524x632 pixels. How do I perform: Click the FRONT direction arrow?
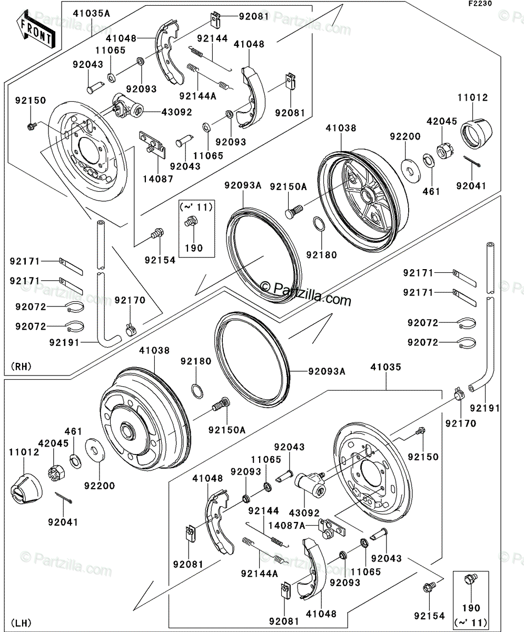tap(36, 29)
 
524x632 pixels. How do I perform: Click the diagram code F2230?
tap(480, 4)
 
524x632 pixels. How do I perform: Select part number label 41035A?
tap(92, 14)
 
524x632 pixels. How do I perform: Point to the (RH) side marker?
tap(21, 367)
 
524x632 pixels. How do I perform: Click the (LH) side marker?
tap(21, 623)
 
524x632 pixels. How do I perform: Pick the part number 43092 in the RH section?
tap(177, 112)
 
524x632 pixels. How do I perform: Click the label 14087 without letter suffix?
tap(158, 179)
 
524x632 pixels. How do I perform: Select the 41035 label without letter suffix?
tap(386, 367)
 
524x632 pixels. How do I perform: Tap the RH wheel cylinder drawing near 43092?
tap(127, 106)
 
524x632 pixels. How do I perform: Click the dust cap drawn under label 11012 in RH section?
tap(477, 133)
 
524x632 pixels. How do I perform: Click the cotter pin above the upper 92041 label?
tap(472, 161)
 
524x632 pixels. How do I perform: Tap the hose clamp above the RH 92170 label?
tap(131, 329)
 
